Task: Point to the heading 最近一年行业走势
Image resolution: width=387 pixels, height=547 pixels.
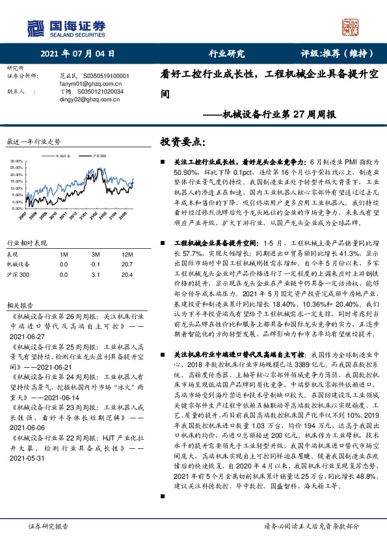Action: coord(33,141)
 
